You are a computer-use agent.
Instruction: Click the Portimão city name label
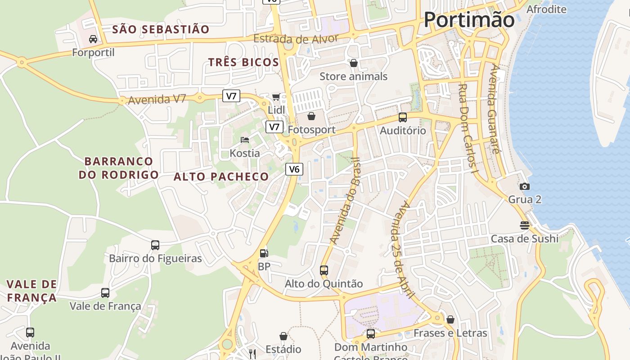469,20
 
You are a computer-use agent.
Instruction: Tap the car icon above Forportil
93,39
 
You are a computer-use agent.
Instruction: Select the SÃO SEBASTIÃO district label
161,30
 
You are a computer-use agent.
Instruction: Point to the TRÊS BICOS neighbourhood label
243,63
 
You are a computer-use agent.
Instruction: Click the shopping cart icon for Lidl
276,97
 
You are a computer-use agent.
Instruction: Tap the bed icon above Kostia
245,140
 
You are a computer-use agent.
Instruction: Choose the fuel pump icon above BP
264,253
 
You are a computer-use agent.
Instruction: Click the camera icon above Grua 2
524,186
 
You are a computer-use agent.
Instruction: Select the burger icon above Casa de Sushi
524,225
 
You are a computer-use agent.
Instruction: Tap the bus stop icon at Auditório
403,117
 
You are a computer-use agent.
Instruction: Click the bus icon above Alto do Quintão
324,270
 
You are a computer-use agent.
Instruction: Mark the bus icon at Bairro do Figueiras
155,245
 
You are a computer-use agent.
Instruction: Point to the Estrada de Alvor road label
296,39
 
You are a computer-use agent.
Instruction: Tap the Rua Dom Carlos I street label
468,128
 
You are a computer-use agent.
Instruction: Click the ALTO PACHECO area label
221,177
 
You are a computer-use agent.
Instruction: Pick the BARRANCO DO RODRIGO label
119,168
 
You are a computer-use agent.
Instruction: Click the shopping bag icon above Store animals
354,63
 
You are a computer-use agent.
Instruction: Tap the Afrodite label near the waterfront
546,9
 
